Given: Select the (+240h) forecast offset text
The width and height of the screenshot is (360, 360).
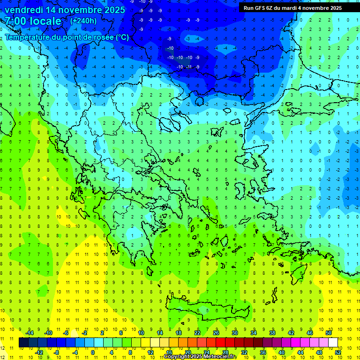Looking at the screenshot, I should (x=83, y=21).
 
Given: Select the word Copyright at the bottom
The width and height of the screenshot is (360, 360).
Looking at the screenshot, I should (x=176, y=357).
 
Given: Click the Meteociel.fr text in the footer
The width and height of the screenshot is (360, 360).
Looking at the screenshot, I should (x=220, y=357).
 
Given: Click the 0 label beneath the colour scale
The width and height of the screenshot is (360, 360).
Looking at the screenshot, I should (x=93, y=352).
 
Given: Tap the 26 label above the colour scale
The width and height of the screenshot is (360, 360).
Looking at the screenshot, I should (x=216, y=332).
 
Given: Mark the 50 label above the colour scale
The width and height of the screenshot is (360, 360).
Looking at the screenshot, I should (x=328, y=332).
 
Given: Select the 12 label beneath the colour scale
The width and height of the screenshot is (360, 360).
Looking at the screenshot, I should (x=150, y=352).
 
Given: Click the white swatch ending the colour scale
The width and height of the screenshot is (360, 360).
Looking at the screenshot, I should (x=333, y=342).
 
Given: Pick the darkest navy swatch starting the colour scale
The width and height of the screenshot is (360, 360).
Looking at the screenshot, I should (x=23, y=342).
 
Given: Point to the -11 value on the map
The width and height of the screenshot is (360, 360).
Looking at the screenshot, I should (x=189, y=67).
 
